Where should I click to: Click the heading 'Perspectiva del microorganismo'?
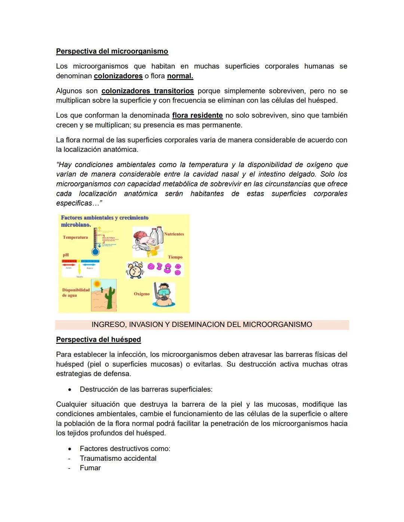click(112, 51)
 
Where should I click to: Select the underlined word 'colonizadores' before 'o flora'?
click(118, 76)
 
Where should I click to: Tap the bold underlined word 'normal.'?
click(180, 76)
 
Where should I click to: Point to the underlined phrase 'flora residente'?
click(197, 115)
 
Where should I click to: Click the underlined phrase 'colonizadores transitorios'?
click(147, 91)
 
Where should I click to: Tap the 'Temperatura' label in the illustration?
click(75, 237)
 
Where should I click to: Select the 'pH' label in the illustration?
click(65, 255)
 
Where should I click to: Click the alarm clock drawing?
click(135, 270)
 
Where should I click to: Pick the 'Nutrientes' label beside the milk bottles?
click(174, 234)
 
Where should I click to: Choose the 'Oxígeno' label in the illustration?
click(142, 294)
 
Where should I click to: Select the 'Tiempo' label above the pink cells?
click(175, 257)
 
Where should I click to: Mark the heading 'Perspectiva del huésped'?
click(98, 339)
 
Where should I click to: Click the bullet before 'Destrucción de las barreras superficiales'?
click(70, 389)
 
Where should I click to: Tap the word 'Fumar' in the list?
click(90, 468)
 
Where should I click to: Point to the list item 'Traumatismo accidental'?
click(118, 458)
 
